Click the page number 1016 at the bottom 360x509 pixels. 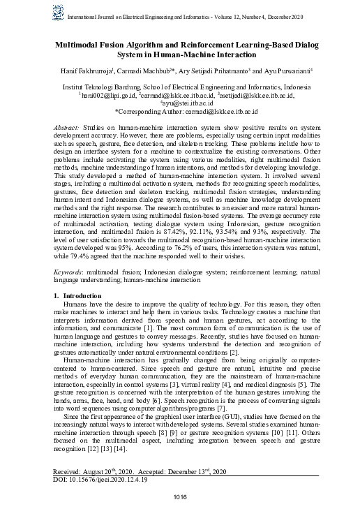pyautogui.click(x=180, y=496)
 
